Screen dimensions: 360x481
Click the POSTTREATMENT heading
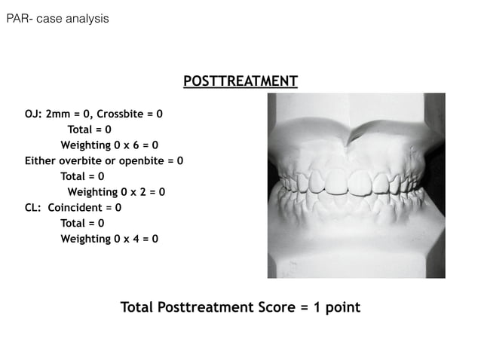coord(240,81)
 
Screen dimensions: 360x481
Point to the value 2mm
coord(59,114)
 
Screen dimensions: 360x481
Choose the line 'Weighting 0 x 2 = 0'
coord(116,191)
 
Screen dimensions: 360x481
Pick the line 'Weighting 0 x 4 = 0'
coord(109,239)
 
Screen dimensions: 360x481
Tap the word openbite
coord(143,161)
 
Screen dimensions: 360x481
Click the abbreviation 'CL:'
coord(34,207)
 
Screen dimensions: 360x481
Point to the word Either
coord(41,161)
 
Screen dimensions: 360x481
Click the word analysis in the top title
coord(85,17)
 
